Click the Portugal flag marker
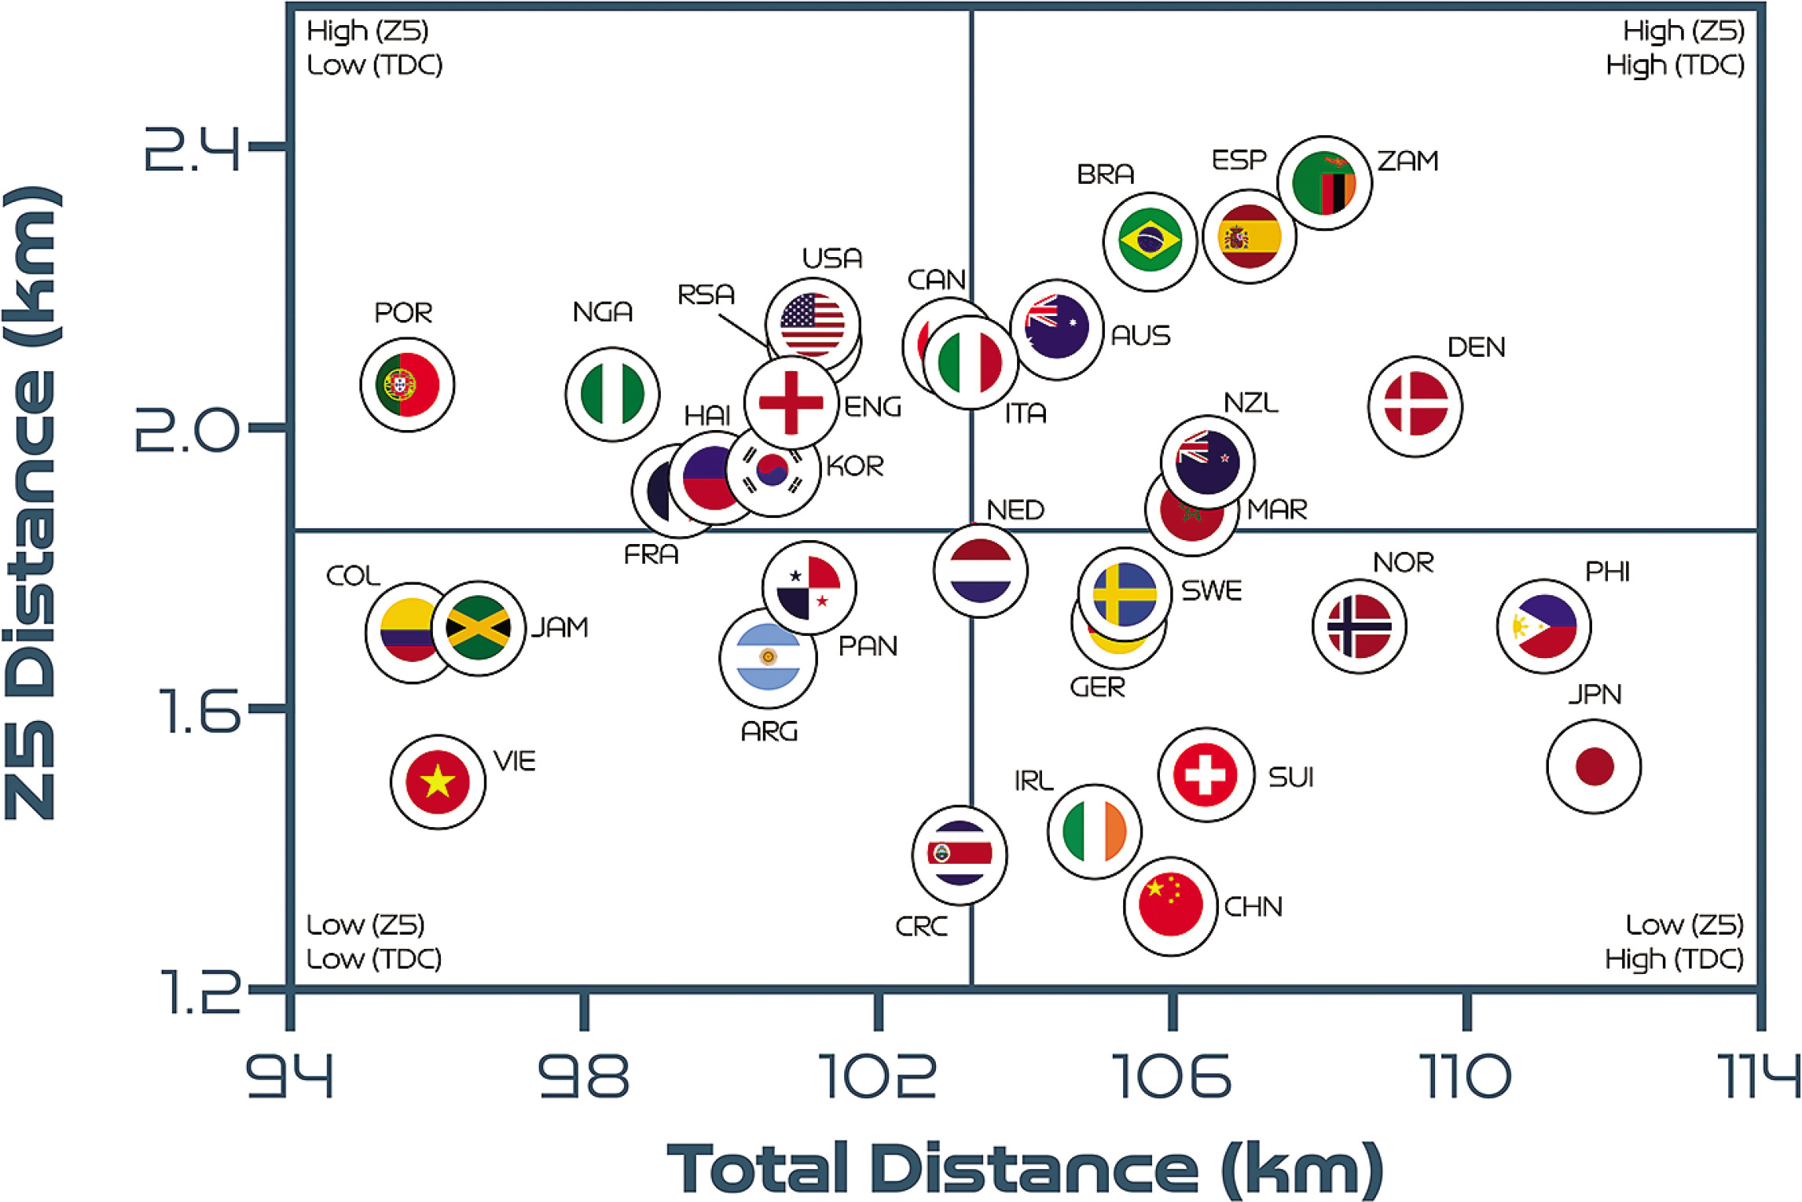407,384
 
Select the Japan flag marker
1594,766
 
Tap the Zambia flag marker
1324,182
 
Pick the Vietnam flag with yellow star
438,781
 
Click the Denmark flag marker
1415,406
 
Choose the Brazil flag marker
1150,241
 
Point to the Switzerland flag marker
1206,774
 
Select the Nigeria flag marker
612,394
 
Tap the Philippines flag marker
1543,627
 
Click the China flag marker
1170,906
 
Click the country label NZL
1250,403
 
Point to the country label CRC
921,927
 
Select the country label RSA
706,295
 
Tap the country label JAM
559,627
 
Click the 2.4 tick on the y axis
192,148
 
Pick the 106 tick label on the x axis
1172,1077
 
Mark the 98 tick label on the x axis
583,1077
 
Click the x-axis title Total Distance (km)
1025,1169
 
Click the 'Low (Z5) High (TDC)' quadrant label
1674,942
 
